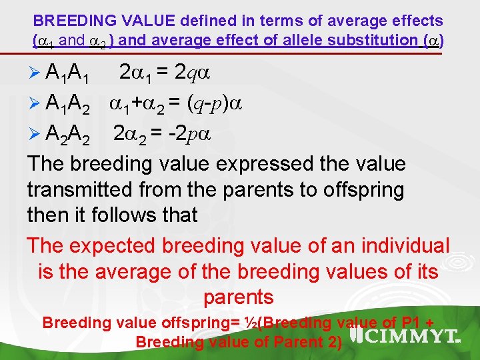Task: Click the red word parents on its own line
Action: [239, 297]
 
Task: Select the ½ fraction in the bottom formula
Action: [249, 323]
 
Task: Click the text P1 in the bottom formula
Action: [410, 323]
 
